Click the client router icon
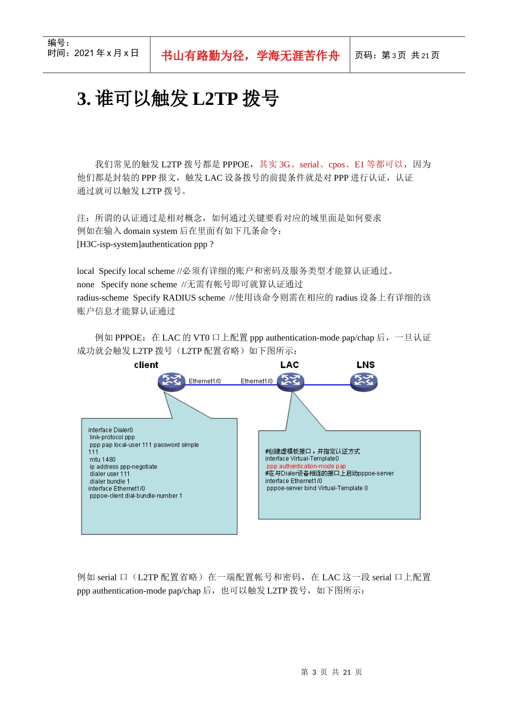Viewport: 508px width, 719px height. pyautogui.click(x=171, y=381)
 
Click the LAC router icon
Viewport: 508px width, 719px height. pyautogui.click(x=290, y=381)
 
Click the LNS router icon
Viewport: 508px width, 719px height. pyautogui.click(x=364, y=381)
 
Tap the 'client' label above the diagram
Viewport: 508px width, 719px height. pyautogui.click(x=146, y=365)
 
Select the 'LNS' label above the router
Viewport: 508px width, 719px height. pyautogui.click(x=366, y=365)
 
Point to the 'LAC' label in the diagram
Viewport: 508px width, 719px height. pyautogui.click(x=289, y=365)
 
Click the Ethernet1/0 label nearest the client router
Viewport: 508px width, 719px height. pyautogui.click(x=204, y=381)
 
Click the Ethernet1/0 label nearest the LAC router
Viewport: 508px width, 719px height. pyautogui.click(x=256, y=381)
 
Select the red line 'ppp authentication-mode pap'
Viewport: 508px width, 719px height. pyautogui.click(x=306, y=466)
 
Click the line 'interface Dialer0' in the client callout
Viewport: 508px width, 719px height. pyautogui.click(x=111, y=430)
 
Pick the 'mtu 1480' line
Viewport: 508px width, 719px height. pyautogui.click(x=103, y=460)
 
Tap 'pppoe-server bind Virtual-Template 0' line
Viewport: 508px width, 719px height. pyautogui.click(x=317, y=488)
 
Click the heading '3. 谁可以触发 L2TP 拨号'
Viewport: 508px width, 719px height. pyautogui.click(x=178, y=99)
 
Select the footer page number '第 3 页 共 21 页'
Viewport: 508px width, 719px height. pyautogui.click(x=332, y=672)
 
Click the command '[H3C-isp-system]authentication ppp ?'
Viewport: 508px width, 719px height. pyautogui.click(x=145, y=244)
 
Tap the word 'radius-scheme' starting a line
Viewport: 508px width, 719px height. pyautogui.click(x=103, y=298)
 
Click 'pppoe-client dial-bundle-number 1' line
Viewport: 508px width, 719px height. pyautogui.click(x=136, y=496)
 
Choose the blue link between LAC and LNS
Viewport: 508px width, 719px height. pyautogui.click(x=327, y=385)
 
